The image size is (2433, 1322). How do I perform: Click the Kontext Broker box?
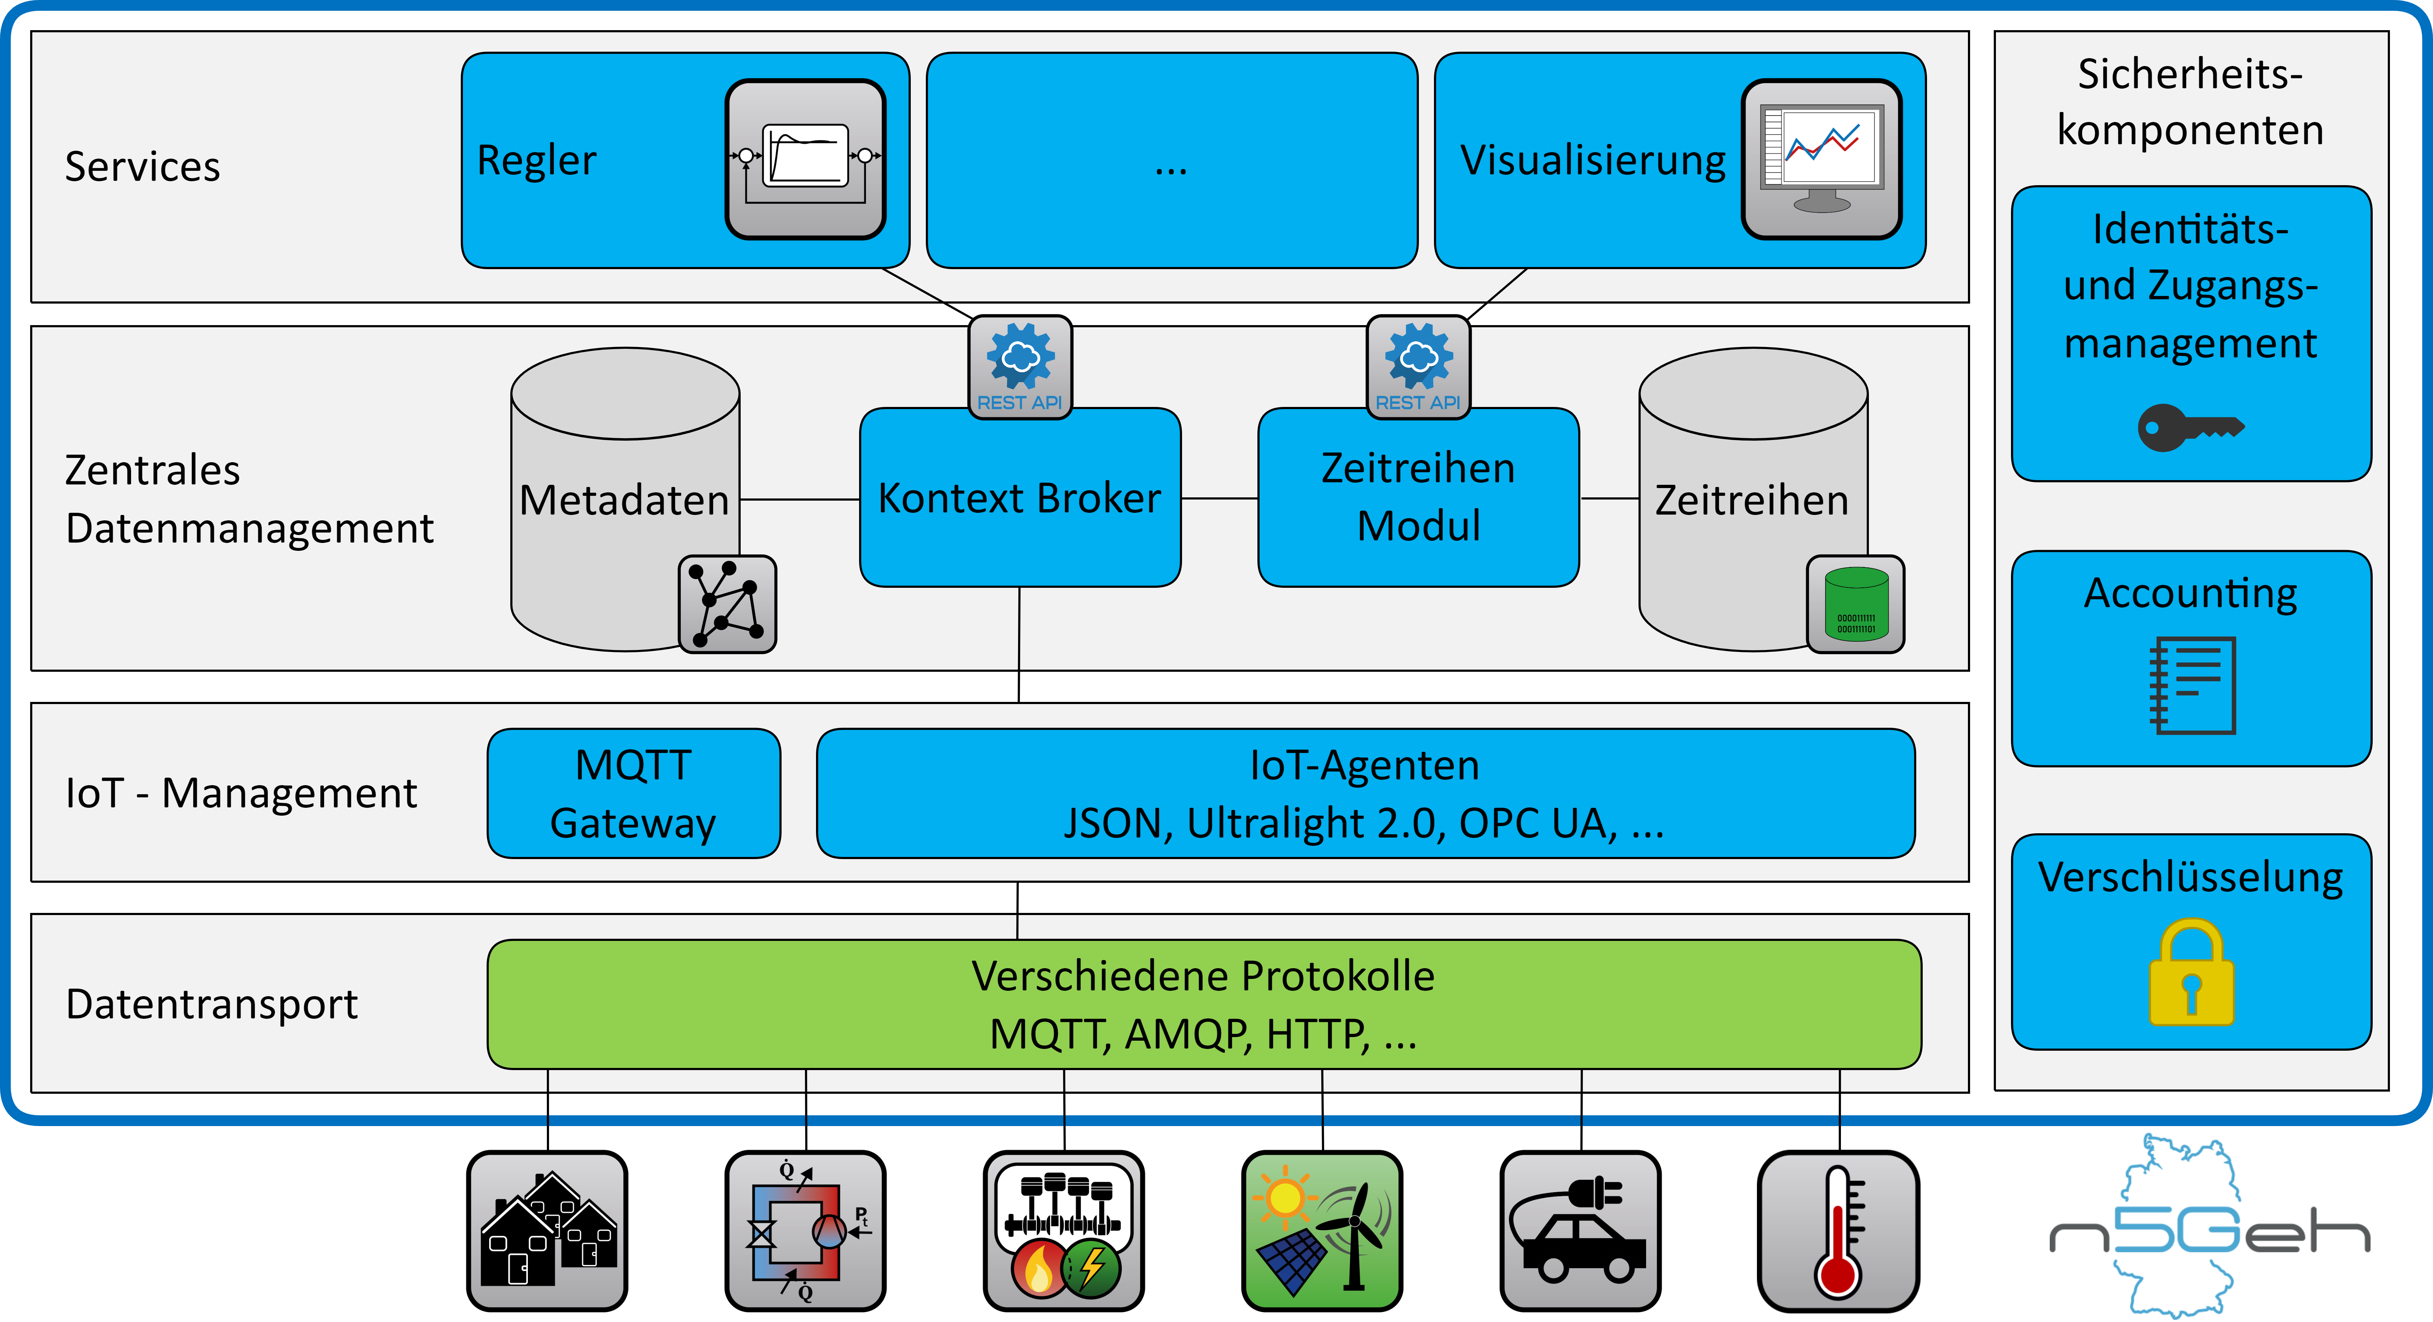coord(1019,498)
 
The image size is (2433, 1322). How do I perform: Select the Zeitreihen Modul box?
coord(1418,498)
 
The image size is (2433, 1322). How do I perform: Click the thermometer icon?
coord(1838,1230)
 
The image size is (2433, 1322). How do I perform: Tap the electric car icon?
coord(1580,1230)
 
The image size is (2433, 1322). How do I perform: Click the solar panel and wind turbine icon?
coord(1322,1230)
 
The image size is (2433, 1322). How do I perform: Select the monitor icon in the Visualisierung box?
coord(1821,159)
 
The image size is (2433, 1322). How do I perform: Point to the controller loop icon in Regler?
coord(805,159)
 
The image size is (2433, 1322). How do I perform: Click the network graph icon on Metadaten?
coord(727,604)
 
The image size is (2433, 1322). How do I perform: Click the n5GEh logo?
coord(2210,1228)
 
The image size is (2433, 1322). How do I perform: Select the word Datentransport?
coord(212,1004)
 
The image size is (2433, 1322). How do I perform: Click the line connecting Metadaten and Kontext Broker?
coord(799,498)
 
